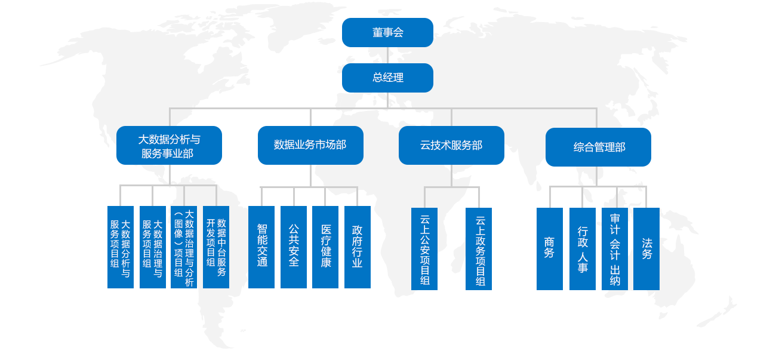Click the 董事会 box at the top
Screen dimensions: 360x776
click(x=387, y=32)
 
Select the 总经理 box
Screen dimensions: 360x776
click(x=387, y=78)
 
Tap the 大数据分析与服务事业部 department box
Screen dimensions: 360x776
click(x=169, y=146)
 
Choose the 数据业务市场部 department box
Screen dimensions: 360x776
click(x=310, y=145)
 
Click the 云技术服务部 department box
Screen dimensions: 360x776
click(x=451, y=145)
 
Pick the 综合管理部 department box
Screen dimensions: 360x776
click(x=598, y=147)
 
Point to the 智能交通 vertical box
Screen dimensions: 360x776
click(x=261, y=247)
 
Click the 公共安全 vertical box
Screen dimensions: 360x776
click(x=294, y=247)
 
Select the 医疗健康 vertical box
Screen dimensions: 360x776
click(x=325, y=247)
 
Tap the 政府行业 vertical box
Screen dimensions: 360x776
click(x=358, y=247)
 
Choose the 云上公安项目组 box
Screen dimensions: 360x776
click(x=424, y=249)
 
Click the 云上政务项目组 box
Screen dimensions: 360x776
click(x=479, y=249)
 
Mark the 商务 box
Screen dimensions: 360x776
click(x=550, y=249)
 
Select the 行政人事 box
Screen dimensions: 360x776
click(x=583, y=249)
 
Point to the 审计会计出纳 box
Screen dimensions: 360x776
click(x=615, y=249)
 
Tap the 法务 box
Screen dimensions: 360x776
click(x=646, y=249)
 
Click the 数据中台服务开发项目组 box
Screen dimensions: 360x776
click(x=216, y=247)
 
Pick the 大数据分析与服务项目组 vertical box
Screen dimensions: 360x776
click(x=121, y=247)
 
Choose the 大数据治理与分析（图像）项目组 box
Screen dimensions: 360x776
click(x=184, y=247)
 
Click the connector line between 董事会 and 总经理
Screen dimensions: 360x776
click(x=387, y=55)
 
